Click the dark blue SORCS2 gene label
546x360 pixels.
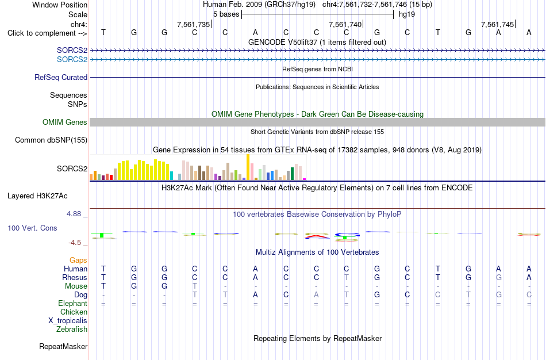tap(72, 50)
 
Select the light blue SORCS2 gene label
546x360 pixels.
tap(72, 59)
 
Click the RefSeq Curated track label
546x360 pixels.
tap(61, 78)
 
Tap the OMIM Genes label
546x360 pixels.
tap(65, 122)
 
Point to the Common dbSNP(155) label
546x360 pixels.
tap(51, 140)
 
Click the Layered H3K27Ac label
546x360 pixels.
tap(37, 196)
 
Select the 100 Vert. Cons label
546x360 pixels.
tap(32, 228)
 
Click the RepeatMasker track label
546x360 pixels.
tap(63, 346)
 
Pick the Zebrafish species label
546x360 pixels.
tap(72, 329)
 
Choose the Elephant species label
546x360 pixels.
tap(73, 303)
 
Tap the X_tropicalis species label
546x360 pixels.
tap(68, 321)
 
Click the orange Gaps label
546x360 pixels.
tap(78, 261)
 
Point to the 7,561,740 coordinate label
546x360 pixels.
tap(345, 24)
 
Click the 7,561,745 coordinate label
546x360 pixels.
tap(497, 24)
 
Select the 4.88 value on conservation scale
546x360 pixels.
tap(74, 213)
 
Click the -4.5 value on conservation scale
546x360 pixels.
tap(75, 243)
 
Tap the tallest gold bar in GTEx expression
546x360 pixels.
tap(248, 167)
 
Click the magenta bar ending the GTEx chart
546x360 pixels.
tap(305, 179)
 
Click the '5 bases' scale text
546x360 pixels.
tap(226, 14)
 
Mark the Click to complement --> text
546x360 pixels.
tap(47, 33)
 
